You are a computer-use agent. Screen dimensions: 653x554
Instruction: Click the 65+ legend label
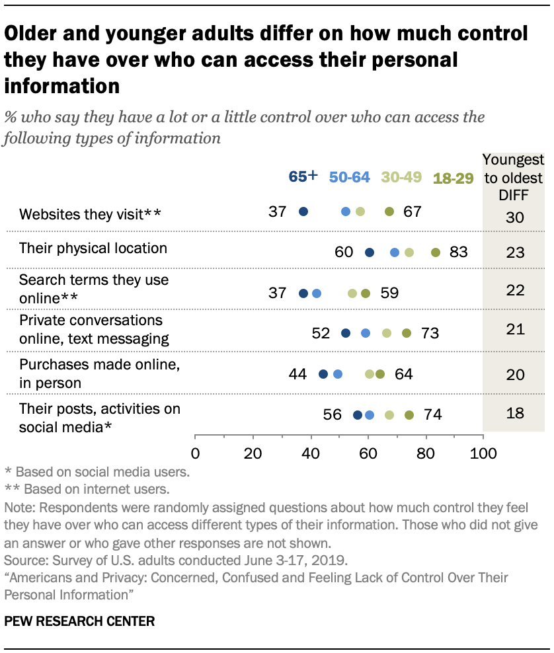pyautogui.click(x=303, y=176)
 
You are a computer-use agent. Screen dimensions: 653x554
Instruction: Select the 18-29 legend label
pyautogui.click(x=453, y=178)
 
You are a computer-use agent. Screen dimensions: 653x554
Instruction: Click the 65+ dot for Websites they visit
pyautogui.click(x=303, y=211)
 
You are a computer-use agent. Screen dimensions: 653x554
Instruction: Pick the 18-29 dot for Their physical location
pyautogui.click(x=435, y=252)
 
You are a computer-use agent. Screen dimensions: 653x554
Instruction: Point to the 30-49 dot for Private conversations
pyautogui.click(x=387, y=333)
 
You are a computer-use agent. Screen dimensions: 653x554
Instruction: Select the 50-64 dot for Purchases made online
pyautogui.click(x=338, y=374)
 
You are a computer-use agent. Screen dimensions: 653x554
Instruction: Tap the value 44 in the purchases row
pyautogui.click(x=297, y=374)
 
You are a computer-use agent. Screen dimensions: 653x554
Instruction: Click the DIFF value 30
pyautogui.click(x=515, y=215)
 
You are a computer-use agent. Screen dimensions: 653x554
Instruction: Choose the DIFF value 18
pyautogui.click(x=515, y=414)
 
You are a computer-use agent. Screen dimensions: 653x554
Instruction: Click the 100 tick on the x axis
pyautogui.click(x=483, y=453)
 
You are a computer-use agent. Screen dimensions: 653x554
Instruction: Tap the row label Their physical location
pyautogui.click(x=93, y=249)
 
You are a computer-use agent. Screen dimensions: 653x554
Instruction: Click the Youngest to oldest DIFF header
pyautogui.click(x=514, y=178)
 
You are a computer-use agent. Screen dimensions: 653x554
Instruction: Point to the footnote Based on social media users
pyautogui.click(x=97, y=473)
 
